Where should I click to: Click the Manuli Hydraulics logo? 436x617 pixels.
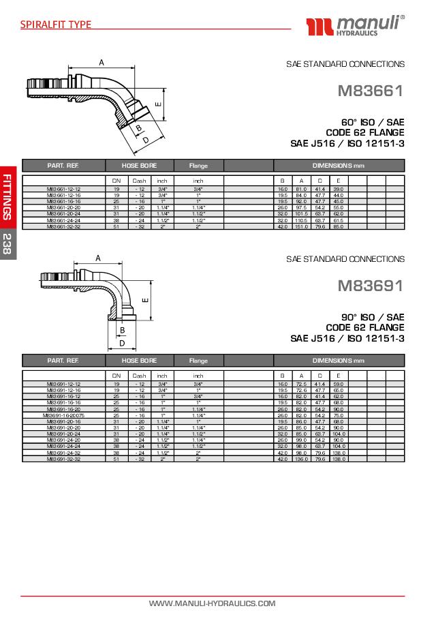click(355, 26)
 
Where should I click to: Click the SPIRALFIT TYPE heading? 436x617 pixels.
click(56, 25)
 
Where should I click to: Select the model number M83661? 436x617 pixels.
click(371, 91)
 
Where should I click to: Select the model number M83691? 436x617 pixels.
click(371, 286)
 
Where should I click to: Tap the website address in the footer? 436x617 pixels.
click(212, 603)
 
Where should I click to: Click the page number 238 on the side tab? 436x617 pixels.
click(7, 243)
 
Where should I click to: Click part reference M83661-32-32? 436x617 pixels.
click(63, 226)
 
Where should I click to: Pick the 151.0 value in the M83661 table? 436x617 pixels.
click(301, 226)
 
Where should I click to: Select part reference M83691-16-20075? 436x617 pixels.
click(63, 415)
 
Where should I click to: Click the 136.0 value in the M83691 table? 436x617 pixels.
click(301, 459)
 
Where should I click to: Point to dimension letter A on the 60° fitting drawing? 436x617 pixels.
click(102, 63)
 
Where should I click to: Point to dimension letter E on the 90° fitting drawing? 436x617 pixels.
click(145, 299)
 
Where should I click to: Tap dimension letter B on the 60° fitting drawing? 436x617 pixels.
click(138, 127)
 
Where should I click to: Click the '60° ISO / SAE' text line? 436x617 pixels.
click(373, 122)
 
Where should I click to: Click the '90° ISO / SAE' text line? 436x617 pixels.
click(373, 317)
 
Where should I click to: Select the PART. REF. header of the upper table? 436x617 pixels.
click(63, 166)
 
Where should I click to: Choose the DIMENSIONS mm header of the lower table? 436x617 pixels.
click(339, 360)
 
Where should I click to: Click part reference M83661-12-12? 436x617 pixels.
click(63, 189)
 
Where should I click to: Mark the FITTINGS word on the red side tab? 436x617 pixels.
click(7, 197)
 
